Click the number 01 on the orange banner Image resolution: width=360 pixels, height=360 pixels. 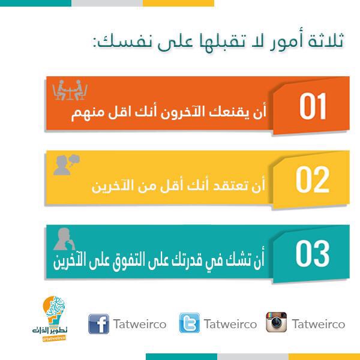pos(313,106)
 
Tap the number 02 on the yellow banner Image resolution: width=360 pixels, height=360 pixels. pos(313,179)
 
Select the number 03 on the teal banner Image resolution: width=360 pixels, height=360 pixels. pos(313,253)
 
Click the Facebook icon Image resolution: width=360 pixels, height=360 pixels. pos(99,324)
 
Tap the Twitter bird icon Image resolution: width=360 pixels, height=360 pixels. pos(190,323)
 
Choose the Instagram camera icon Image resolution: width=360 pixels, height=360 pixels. pos(277,322)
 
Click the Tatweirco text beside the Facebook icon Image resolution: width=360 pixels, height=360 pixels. pos(140,324)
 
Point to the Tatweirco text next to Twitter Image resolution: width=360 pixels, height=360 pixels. pos(230,324)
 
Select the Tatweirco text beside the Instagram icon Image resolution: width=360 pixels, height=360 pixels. pos(319,324)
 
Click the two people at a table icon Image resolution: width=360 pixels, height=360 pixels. pos(70,90)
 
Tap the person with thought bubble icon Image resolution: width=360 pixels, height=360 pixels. pos(67,165)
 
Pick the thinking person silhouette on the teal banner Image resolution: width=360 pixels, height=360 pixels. pos(64,239)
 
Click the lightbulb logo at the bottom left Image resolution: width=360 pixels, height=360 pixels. pos(54,311)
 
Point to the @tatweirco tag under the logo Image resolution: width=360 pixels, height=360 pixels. pos(54,338)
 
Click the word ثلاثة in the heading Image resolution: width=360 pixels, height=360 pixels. pos(326,41)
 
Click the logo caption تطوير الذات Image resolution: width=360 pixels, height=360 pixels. pos(50,331)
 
